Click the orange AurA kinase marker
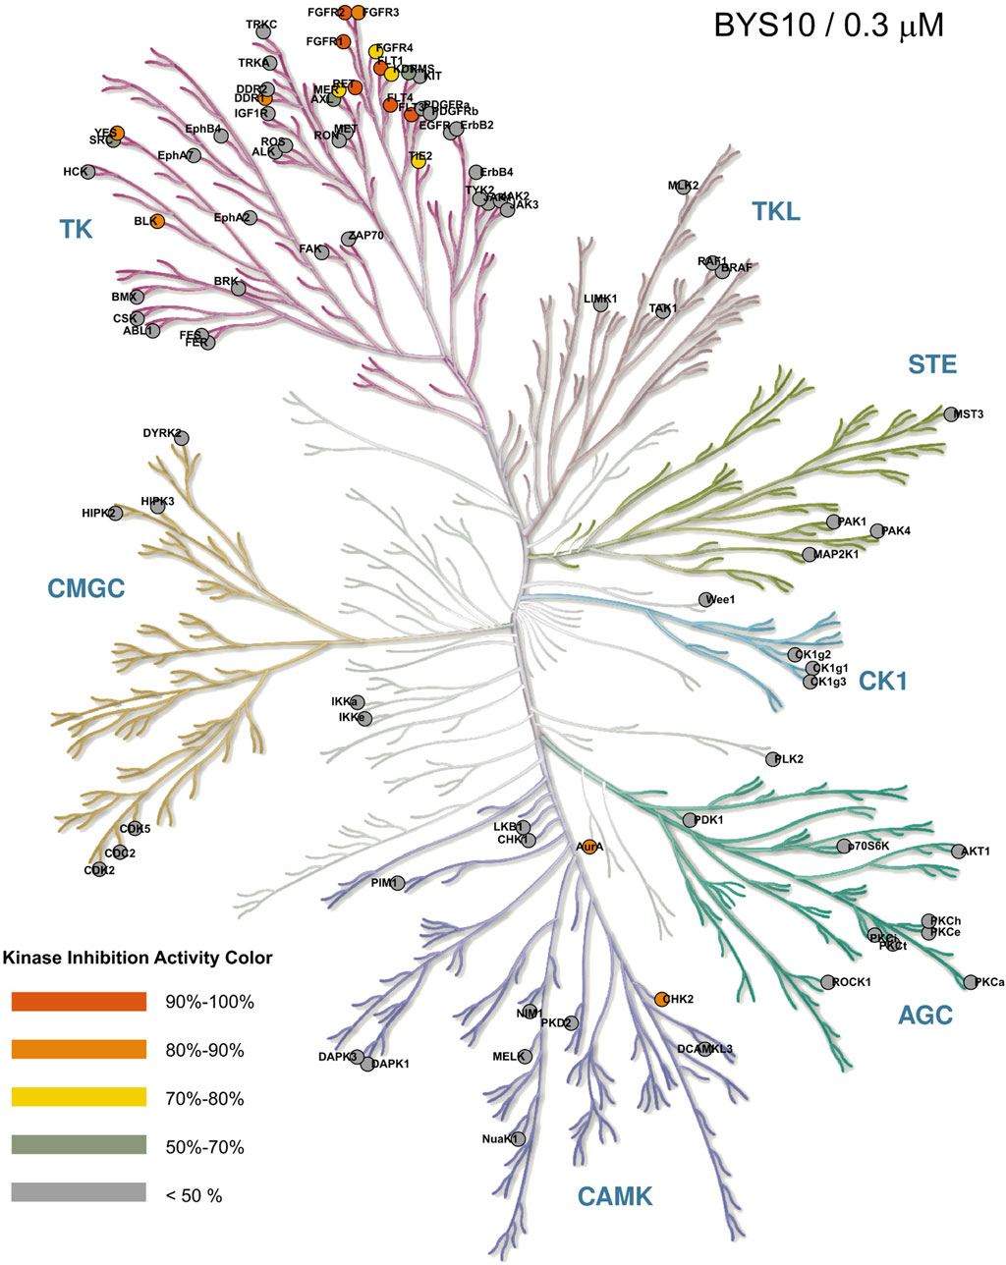589,847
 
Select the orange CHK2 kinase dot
663,999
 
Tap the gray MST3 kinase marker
950,413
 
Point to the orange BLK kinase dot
157,222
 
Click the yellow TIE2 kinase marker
419,161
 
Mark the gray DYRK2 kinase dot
180,438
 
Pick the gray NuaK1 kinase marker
519,1138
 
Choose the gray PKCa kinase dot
971,982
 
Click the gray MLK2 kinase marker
696,187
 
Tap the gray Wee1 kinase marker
704,599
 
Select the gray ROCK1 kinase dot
828,982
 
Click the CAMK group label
615,1195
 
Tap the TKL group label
776,210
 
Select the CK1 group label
883,681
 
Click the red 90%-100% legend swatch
79,1002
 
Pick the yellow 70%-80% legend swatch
79,1097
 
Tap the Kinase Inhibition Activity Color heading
139,958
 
